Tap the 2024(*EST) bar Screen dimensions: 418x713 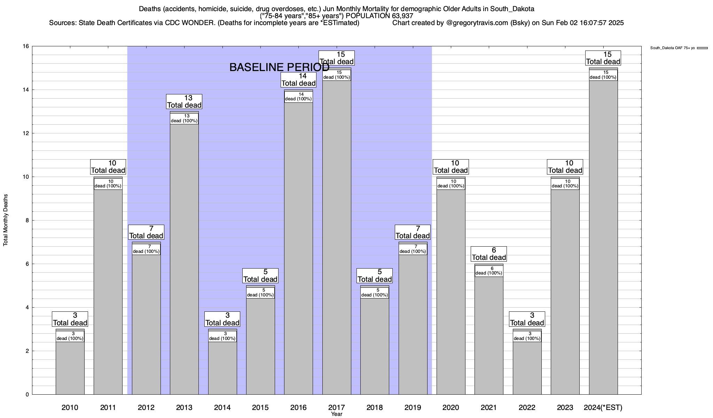click(603, 237)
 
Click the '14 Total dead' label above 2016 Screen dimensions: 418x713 click(298, 80)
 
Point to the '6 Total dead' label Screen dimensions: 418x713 click(489, 254)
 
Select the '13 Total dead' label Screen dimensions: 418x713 click(184, 102)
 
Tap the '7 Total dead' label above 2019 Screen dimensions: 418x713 click(413, 232)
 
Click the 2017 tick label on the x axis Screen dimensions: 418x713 click(336, 408)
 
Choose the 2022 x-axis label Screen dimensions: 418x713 click(527, 408)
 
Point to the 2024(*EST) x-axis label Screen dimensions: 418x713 click(603, 408)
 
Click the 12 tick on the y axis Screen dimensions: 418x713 click(26, 133)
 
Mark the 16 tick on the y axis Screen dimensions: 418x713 click(26, 46)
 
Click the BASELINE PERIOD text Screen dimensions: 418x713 click(279, 67)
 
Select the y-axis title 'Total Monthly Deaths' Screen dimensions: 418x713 click(6, 220)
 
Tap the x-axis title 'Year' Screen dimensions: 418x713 click(337, 414)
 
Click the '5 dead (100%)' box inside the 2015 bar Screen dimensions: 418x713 click(260, 293)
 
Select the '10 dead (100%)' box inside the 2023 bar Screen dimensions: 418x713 click(565, 184)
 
